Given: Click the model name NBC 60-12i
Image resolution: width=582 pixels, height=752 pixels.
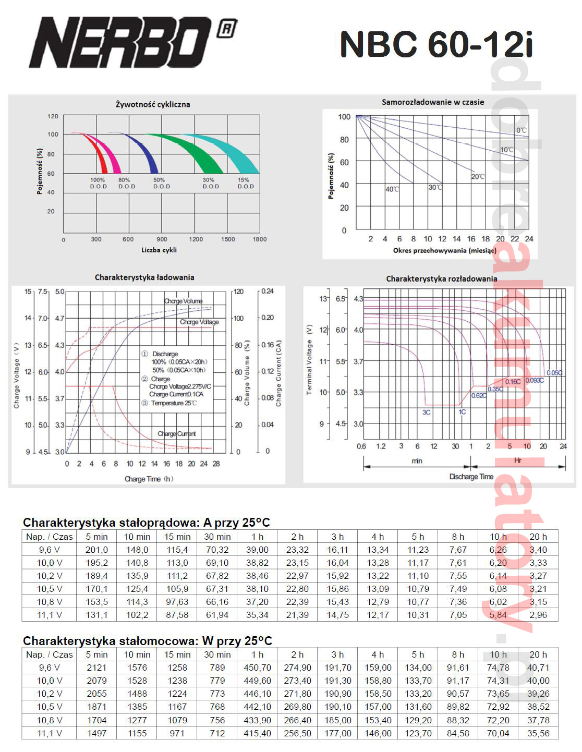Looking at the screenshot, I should click(436, 44).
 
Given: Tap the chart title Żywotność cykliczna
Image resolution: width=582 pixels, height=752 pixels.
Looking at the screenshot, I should click(153, 104).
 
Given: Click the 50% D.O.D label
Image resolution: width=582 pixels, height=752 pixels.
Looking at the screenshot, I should click(161, 183).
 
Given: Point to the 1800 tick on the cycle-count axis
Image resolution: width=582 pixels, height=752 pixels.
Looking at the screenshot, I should click(259, 239).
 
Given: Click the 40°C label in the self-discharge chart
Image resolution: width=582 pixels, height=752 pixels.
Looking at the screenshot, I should click(392, 189).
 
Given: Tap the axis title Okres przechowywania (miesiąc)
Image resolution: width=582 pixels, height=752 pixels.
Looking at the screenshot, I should click(444, 251).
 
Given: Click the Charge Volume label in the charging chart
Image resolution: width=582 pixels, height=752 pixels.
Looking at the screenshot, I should click(183, 301).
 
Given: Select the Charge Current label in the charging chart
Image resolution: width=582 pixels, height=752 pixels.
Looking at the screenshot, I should click(177, 433).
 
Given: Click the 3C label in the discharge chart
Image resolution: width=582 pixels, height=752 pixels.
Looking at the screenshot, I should click(427, 412).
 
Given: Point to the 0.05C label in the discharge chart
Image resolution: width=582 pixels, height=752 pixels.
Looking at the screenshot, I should click(554, 373).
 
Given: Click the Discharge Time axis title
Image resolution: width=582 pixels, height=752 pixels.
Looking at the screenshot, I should click(471, 477).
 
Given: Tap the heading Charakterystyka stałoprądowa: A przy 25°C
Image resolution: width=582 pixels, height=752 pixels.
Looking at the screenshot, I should click(147, 523).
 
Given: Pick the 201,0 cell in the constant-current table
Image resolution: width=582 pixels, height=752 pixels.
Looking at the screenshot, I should click(96, 550).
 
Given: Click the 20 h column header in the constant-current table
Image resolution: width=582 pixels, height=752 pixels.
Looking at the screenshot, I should click(538, 537).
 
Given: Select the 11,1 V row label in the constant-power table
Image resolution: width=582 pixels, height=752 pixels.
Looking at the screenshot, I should click(49, 733).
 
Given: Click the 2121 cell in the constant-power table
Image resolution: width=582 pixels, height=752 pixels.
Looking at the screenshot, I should click(96, 668).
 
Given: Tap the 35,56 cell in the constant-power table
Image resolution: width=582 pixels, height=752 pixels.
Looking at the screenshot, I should click(538, 733).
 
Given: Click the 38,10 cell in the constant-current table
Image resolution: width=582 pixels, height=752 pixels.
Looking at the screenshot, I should click(257, 589).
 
